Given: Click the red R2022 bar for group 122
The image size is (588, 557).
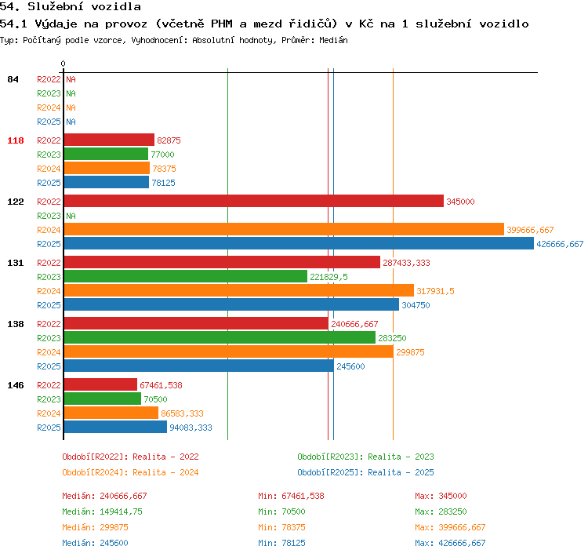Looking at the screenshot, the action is (x=254, y=201).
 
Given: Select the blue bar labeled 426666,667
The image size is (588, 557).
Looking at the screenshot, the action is (x=299, y=244).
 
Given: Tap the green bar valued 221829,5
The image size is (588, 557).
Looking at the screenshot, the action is (x=186, y=277).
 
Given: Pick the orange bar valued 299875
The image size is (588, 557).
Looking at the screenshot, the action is (x=229, y=352).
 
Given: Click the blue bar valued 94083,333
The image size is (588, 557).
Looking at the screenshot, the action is (x=115, y=427).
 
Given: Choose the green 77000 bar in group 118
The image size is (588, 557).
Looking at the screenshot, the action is (x=106, y=155).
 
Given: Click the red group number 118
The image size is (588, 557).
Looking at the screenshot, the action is (x=16, y=140).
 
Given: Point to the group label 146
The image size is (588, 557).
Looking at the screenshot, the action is (x=16, y=385).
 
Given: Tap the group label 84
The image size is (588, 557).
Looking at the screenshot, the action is (x=13, y=79).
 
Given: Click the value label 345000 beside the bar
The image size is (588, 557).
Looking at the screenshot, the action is (x=460, y=202).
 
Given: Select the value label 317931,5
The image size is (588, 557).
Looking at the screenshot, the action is (x=435, y=291).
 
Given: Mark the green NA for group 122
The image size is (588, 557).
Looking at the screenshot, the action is (x=71, y=216).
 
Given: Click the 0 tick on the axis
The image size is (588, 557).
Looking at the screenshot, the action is (x=63, y=64).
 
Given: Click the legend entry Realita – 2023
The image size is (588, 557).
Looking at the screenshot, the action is (x=401, y=457).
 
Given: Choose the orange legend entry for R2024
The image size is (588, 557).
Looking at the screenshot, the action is (x=130, y=472).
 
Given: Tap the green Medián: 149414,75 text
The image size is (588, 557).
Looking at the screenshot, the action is (x=103, y=511).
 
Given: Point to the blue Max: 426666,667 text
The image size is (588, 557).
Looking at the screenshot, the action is (x=450, y=543).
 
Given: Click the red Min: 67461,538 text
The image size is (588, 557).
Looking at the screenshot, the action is (x=291, y=496).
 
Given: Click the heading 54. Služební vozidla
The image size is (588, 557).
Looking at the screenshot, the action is (x=71, y=6).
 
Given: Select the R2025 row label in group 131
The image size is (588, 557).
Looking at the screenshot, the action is (x=49, y=305).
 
